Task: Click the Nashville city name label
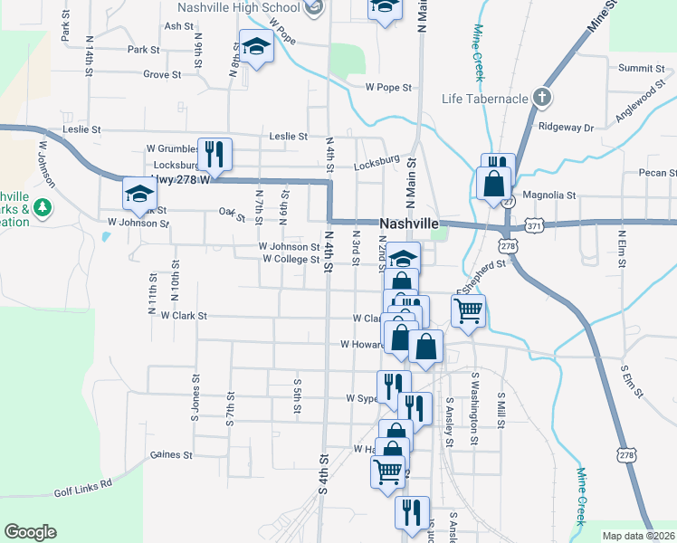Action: pyautogui.click(x=409, y=224)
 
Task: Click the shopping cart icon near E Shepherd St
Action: pyautogui.click(x=468, y=310)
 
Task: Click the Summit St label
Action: pyautogui.click(x=641, y=68)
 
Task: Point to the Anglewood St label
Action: pyautogui.click(x=641, y=97)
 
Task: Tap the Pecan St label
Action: pyautogui.click(x=657, y=173)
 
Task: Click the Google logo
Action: pyautogui.click(x=30, y=532)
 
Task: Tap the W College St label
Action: pyautogui.click(x=291, y=259)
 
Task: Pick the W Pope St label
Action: pyautogui.click(x=388, y=88)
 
